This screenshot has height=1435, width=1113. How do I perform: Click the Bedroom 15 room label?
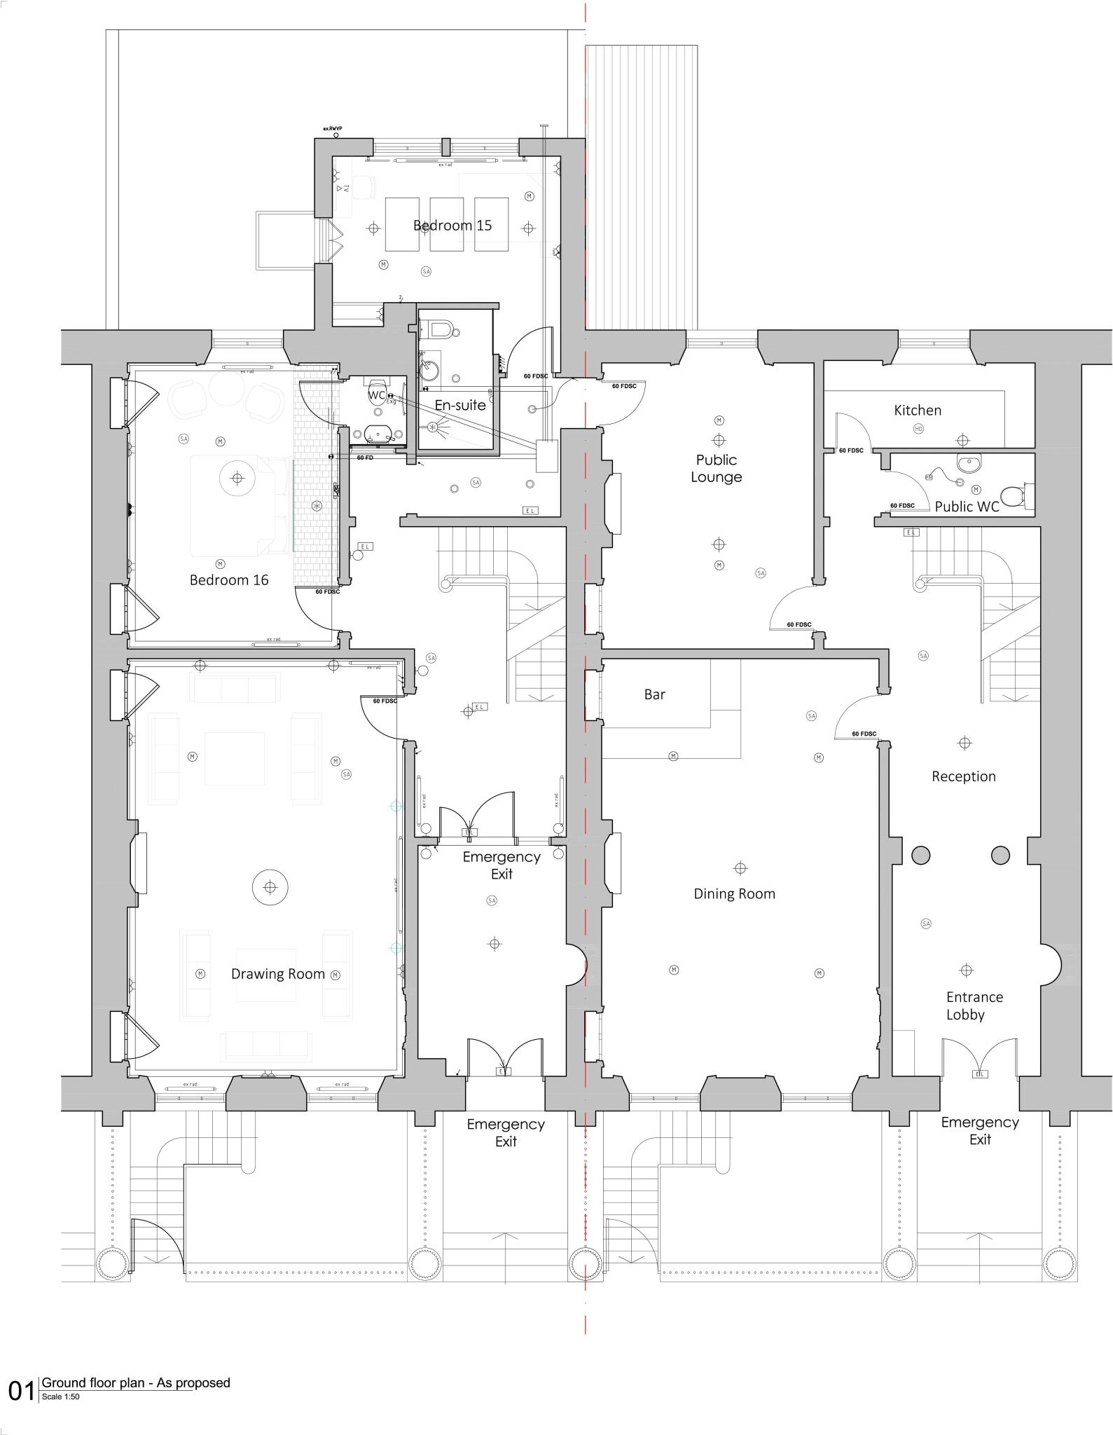[x=452, y=226]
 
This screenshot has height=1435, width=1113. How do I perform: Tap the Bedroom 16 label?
[x=229, y=580]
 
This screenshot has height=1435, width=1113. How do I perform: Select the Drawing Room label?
[x=278, y=974]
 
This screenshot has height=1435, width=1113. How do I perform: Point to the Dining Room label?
[x=734, y=894]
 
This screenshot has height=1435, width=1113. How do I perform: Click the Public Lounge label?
[x=716, y=469]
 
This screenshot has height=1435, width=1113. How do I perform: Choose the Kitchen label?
[x=918, y=411]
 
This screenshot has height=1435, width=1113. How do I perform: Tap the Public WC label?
[x=967, y=507]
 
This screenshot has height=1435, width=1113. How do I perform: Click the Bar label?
[x=654, y=694]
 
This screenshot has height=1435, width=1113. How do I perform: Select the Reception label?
[x=963, y=776]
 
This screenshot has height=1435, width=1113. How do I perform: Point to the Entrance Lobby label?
[x=974, y=1005]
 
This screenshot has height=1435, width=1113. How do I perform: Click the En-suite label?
[x=460, y=405]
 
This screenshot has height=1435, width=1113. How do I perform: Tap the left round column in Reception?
[x=920, y=855]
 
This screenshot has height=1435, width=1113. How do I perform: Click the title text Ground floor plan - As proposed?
[x=136, y=1382]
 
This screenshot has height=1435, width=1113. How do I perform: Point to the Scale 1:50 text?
[x=61, y=1396]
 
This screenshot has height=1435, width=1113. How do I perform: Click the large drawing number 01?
[x=22, y=1391]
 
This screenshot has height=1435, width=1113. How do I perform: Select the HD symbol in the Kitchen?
[x=918, y=429]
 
